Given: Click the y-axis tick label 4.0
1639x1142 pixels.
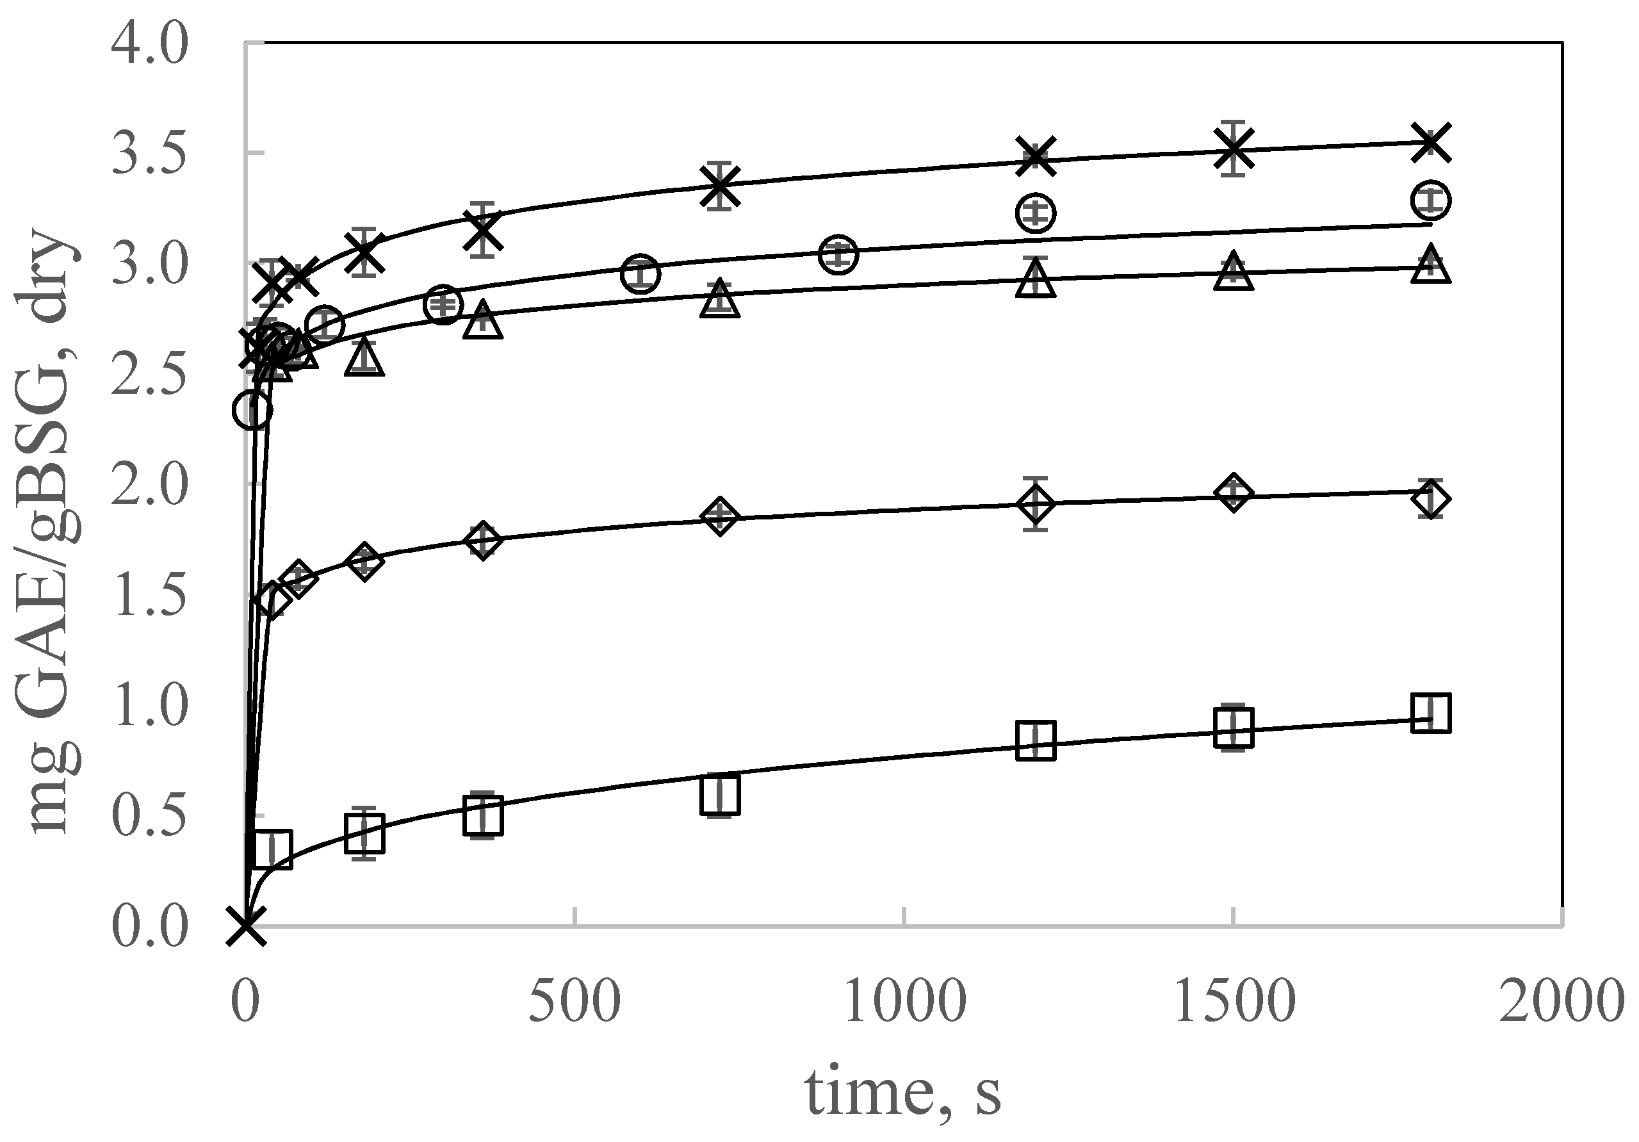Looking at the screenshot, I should click(149, 44).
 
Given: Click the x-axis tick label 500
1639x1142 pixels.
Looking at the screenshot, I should click(575, 1001).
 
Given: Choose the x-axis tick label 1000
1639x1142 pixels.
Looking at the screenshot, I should click(904, 1001).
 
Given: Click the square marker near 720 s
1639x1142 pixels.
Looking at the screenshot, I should click(719, 794).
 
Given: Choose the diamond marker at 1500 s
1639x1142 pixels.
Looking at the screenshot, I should click(1234, 493).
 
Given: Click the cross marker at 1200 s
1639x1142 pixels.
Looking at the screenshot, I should click(1036, 157).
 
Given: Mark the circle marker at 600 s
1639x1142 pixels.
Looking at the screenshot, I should click(640, 274).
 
